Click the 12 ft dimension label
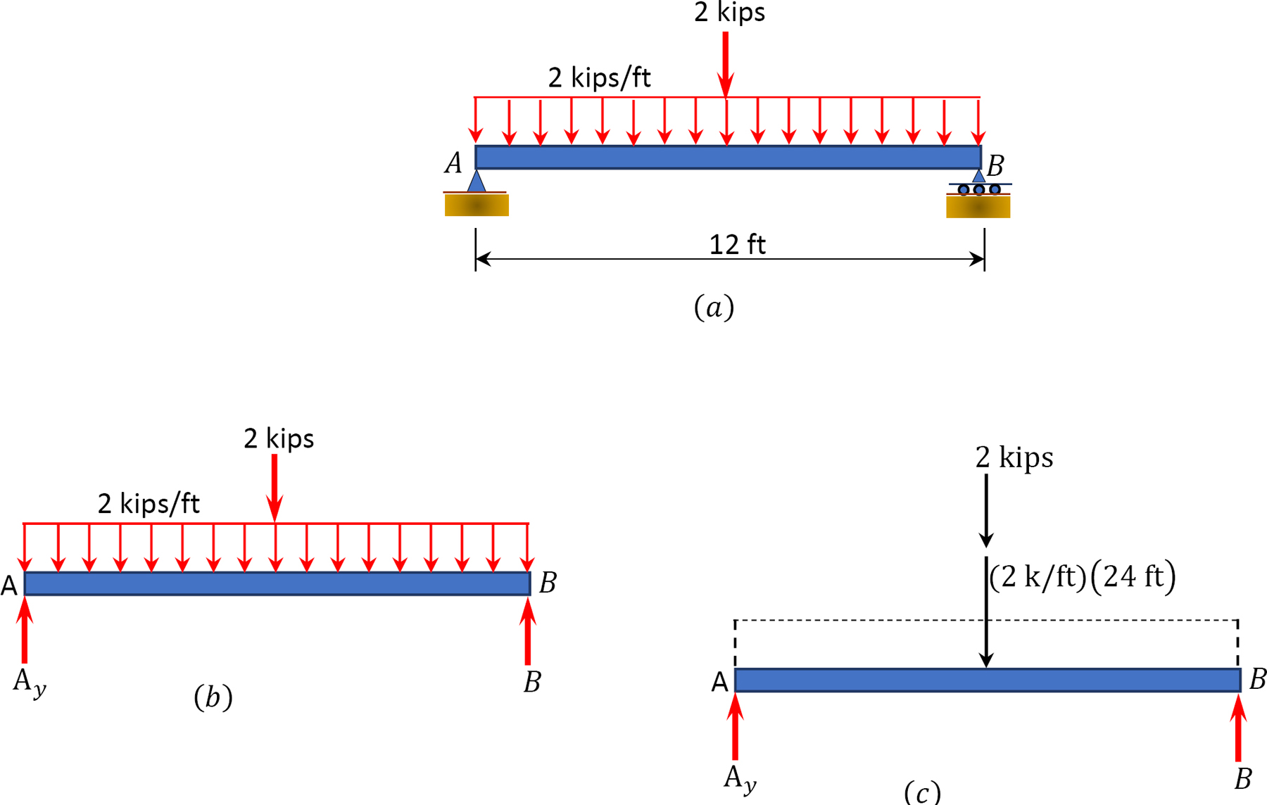tap(737, 245)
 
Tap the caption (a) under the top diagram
tap(714, 308)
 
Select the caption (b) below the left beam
tap(213, 697)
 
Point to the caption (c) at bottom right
tap(922, 792)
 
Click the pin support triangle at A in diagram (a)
tap(477, 182)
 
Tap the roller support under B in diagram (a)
tap(978, 189)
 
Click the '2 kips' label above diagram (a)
tap(729, 13)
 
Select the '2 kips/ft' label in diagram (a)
tap(599, 77)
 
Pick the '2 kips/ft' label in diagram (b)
tap(149, 504)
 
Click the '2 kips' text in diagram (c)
tap(1014, 458)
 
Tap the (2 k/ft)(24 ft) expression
tap(1083, 577)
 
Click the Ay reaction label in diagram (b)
tap(29, 683)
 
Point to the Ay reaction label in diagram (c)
tap(740, 779)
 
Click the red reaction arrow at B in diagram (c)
tap(1238, 728)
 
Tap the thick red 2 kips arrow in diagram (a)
tap(725, 63)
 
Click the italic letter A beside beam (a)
tap(453, 163)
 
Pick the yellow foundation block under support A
tap(477, 205)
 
